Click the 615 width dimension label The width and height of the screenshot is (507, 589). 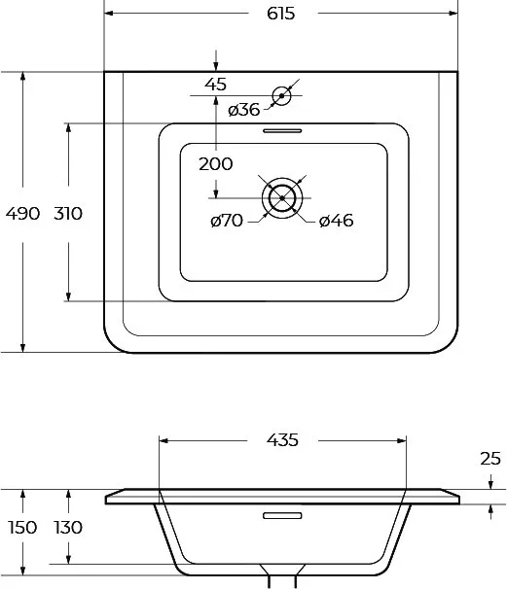tap(281, 14)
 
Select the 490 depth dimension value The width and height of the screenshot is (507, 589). tap(22, 214)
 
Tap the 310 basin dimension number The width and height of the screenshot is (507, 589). tap(68, 214)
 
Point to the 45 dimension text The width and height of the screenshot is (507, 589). tap(216, 85)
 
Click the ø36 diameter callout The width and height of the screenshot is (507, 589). tap(244, 110)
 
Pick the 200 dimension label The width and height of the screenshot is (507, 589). tap(215, 164)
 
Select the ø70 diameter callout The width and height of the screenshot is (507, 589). tap(227, 221)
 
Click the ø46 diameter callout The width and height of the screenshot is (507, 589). tap(337, 221)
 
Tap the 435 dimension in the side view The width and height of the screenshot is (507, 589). tap(282, 440)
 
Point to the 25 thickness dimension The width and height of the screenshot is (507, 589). tap(490, 459)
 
